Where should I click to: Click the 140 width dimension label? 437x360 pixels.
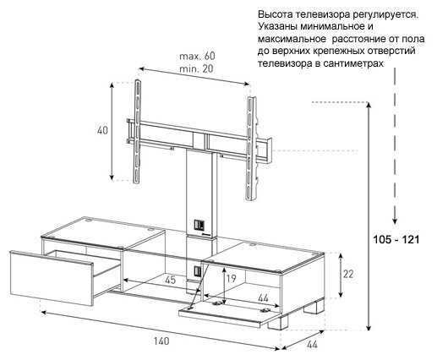(161, 341)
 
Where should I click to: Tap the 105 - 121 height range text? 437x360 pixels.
(396, 240)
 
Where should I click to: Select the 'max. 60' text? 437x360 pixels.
(197, 56)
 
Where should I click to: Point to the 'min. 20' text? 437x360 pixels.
(196, 68)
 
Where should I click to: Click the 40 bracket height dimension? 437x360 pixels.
(102, 130)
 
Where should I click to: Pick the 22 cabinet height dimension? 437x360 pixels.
(348, 274)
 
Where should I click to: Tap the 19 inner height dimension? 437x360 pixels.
(231, 278)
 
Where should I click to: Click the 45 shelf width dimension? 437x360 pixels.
(170, 280)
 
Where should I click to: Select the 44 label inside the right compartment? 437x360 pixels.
(263, 298)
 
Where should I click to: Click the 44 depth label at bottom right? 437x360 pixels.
(311, 344)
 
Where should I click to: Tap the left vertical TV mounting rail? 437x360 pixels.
(137, 132)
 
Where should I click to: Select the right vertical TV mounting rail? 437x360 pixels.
(251, 149)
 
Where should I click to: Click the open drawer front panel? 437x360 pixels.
(52, 278)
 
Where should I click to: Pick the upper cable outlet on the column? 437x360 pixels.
(198, 225)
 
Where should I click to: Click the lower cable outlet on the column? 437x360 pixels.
(197, 271)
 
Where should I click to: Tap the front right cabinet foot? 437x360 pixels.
(278, 322)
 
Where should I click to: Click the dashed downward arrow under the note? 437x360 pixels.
(395, 146)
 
